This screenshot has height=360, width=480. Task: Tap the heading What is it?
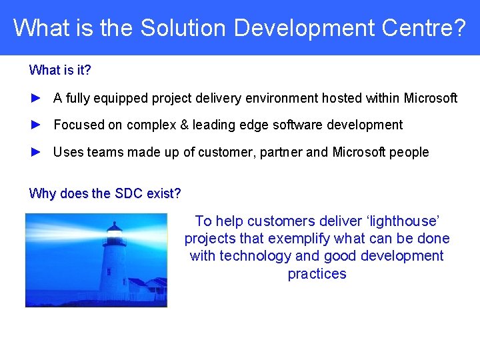coord(60,70)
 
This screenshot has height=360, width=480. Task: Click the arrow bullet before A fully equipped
coord(37,98)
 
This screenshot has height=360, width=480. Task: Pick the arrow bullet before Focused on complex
coord(37,125)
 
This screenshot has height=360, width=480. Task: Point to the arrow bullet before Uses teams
coord(37,152)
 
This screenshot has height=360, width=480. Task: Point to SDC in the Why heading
coord(129,193)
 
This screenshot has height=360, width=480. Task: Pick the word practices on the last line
coord(317,274)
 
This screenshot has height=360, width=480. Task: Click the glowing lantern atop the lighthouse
coord(115,235)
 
